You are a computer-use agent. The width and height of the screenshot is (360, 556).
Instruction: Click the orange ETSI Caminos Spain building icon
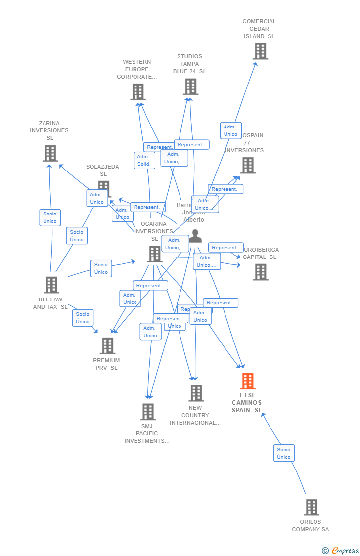(x=248, y=381)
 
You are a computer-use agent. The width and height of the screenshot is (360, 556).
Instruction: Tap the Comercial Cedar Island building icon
(x=260, y=51)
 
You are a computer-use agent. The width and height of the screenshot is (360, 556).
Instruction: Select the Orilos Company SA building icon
(x=312, y=508)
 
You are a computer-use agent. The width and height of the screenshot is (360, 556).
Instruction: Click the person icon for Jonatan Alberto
(x=196, y=236)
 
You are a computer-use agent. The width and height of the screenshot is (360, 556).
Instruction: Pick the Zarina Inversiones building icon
(x=50, y=153)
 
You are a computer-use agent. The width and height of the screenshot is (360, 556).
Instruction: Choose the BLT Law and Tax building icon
(x=51, y=285)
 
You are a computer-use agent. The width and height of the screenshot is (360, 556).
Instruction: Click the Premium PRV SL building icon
(x=107, y=346)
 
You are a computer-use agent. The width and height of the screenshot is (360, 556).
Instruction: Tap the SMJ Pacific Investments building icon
(x=148, y=412)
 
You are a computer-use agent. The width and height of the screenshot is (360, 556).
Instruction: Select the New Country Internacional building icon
(x=196, y=393)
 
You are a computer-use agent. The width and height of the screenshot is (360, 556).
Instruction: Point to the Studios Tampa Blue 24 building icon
(x=190, y=86)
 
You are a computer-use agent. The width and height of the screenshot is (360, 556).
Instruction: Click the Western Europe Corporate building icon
(x=138, y=92)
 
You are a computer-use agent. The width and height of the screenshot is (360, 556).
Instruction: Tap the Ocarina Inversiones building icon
(x=155, y=254)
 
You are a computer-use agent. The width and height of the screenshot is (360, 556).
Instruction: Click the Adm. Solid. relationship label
(x=144, y=160)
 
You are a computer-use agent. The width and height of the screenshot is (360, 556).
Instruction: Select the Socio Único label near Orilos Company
(x=284, y=453)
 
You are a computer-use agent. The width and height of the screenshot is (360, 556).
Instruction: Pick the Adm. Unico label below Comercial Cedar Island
(x=230, y=130)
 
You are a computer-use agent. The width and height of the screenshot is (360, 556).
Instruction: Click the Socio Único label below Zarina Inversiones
(x=50, y=217)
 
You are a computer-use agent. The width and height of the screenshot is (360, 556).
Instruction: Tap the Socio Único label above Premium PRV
(x=83, y=318)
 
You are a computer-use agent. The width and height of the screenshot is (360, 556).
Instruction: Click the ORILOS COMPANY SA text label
(x=310, y=525)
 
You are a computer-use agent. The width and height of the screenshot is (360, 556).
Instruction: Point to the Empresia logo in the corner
(x=341, y=550)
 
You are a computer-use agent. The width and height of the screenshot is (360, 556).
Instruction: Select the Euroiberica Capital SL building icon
(x=261, y=272)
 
